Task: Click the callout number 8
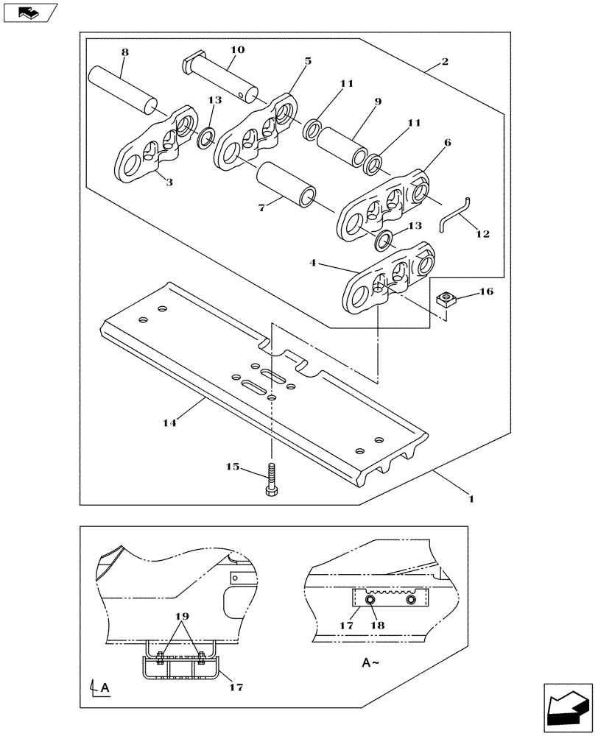coord(124,53)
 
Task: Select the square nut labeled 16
coord(446,299)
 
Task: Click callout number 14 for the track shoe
coord(169,422)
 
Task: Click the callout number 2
coord(445,62)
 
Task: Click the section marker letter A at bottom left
coord(105,688)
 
